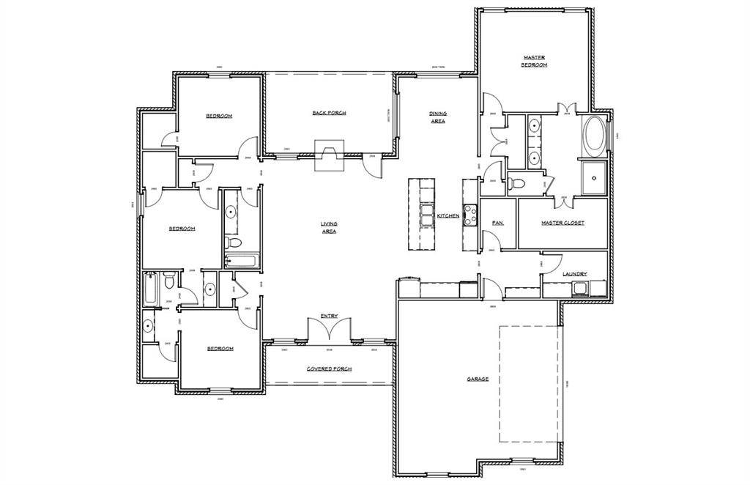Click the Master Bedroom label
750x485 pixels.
pyautogui.click(x=534, y=61)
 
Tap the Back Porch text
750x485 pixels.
pyautogui.click(x=329, y=113)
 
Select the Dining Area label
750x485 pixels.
pyautogui.click(x=437, y=117)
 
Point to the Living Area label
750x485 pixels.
pyautogui.click(x=328, y=227)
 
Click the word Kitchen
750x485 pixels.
pyautogui.click(x=448, y=216)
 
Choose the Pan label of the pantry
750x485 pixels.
pyautogui.click(x=497, y=223)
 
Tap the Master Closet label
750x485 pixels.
pyautogui.click(x=562, y=223)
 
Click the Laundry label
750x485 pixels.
pyautogui.click(x=575, y=274)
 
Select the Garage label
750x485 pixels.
pyautogui.click(x=478, y=379)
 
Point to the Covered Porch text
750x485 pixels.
pyautogui.click(x=329, y=369)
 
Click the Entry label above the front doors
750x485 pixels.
pyautogui.click(x=329, y=316)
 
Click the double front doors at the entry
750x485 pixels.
pyautogui.click(x=329, y=331)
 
